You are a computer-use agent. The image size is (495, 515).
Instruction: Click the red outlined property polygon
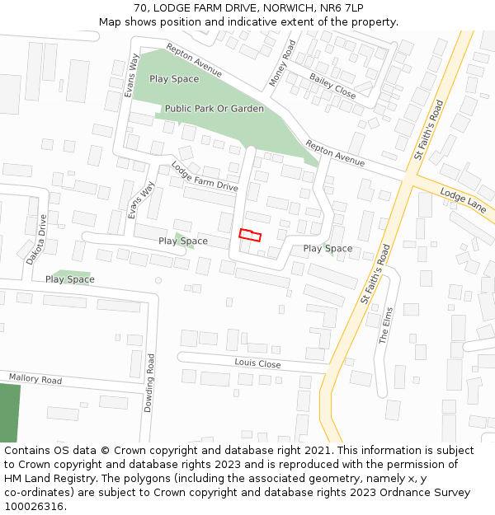tap(250, 235)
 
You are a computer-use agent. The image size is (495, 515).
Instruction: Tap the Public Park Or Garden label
tap(214, 109)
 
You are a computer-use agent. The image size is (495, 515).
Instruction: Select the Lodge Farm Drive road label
tap(205, 177)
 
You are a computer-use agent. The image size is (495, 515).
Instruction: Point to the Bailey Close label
tap(332, 86)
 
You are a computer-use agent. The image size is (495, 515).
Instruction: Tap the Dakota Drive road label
tap(37, 239)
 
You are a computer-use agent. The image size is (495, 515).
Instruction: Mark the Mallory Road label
tap(35, 380)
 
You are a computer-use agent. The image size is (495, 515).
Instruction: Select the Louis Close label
tap(257, 363)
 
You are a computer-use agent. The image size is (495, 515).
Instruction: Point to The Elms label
tap(388, 325)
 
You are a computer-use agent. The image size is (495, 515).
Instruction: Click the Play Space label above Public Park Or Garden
tap(174, 79)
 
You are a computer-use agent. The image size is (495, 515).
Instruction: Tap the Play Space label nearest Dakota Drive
tap(70, 279)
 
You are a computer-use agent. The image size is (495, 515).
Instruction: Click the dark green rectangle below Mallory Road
tap(9, 413)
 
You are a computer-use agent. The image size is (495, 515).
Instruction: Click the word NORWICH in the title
tap(283, 8)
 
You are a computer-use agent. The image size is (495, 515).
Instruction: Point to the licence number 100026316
tap(32, 507)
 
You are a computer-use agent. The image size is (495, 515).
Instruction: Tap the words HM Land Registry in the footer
tap(48, 479)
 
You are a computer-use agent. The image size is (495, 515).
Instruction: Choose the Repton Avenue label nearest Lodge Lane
tap(335, 152)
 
